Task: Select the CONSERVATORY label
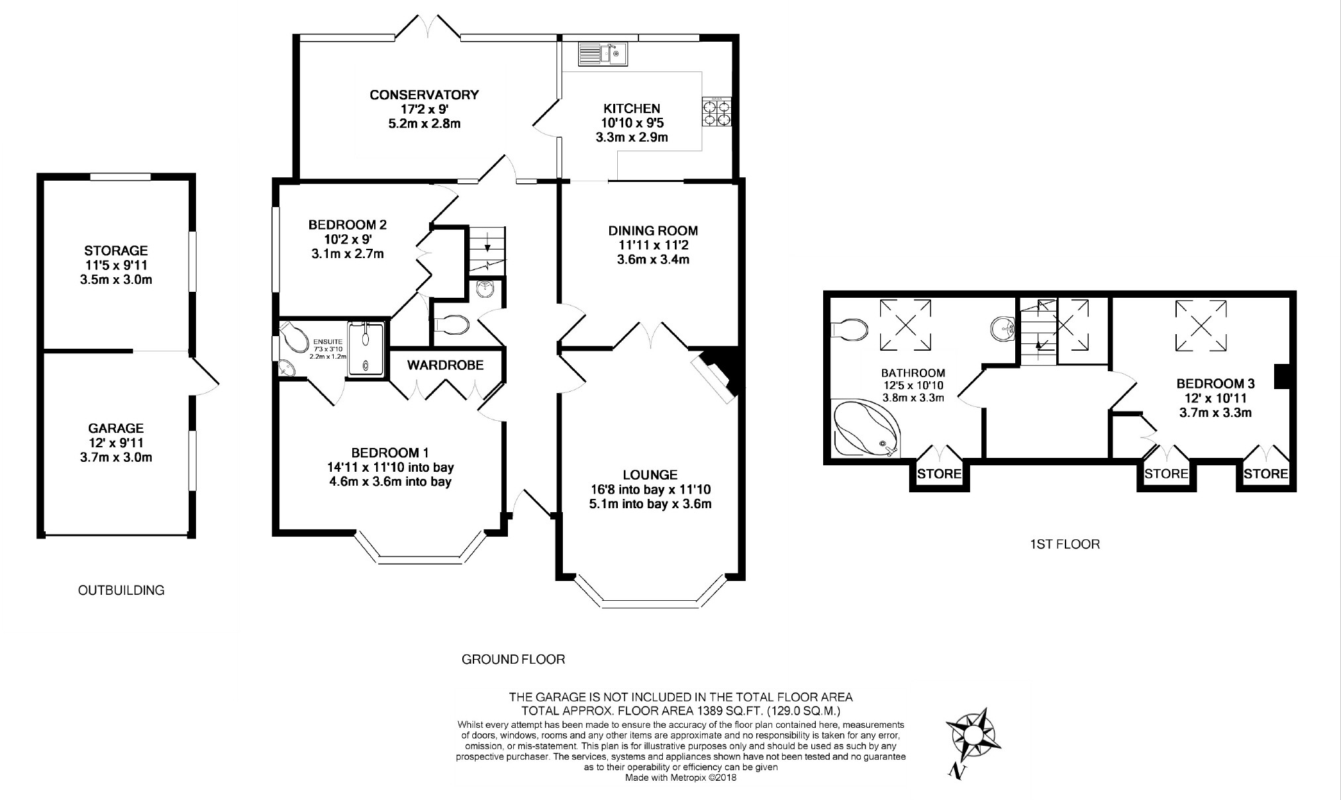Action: pyautogui.click(x=424, y=95)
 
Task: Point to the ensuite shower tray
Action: pyautogui.click(x=366, y=348)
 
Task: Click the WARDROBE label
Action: pyautogui.click(x=445, y=365)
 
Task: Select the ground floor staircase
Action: pyautogui.click(x=487, y=251)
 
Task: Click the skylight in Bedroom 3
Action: pyautogui.click(x=1200, y=325)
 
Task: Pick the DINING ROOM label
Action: pyautogui.click(x=653, y=231)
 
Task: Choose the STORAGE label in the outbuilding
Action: pyautogui.click(x=116, y=251)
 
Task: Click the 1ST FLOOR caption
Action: pyautogui.click(x=1065, y=545)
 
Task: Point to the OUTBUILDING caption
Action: pyautogui.click(x=121, y=590)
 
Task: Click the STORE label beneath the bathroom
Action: pyautogui.click(x=940, y=474)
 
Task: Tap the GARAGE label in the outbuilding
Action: pyautogui.click(x=116, y=428)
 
